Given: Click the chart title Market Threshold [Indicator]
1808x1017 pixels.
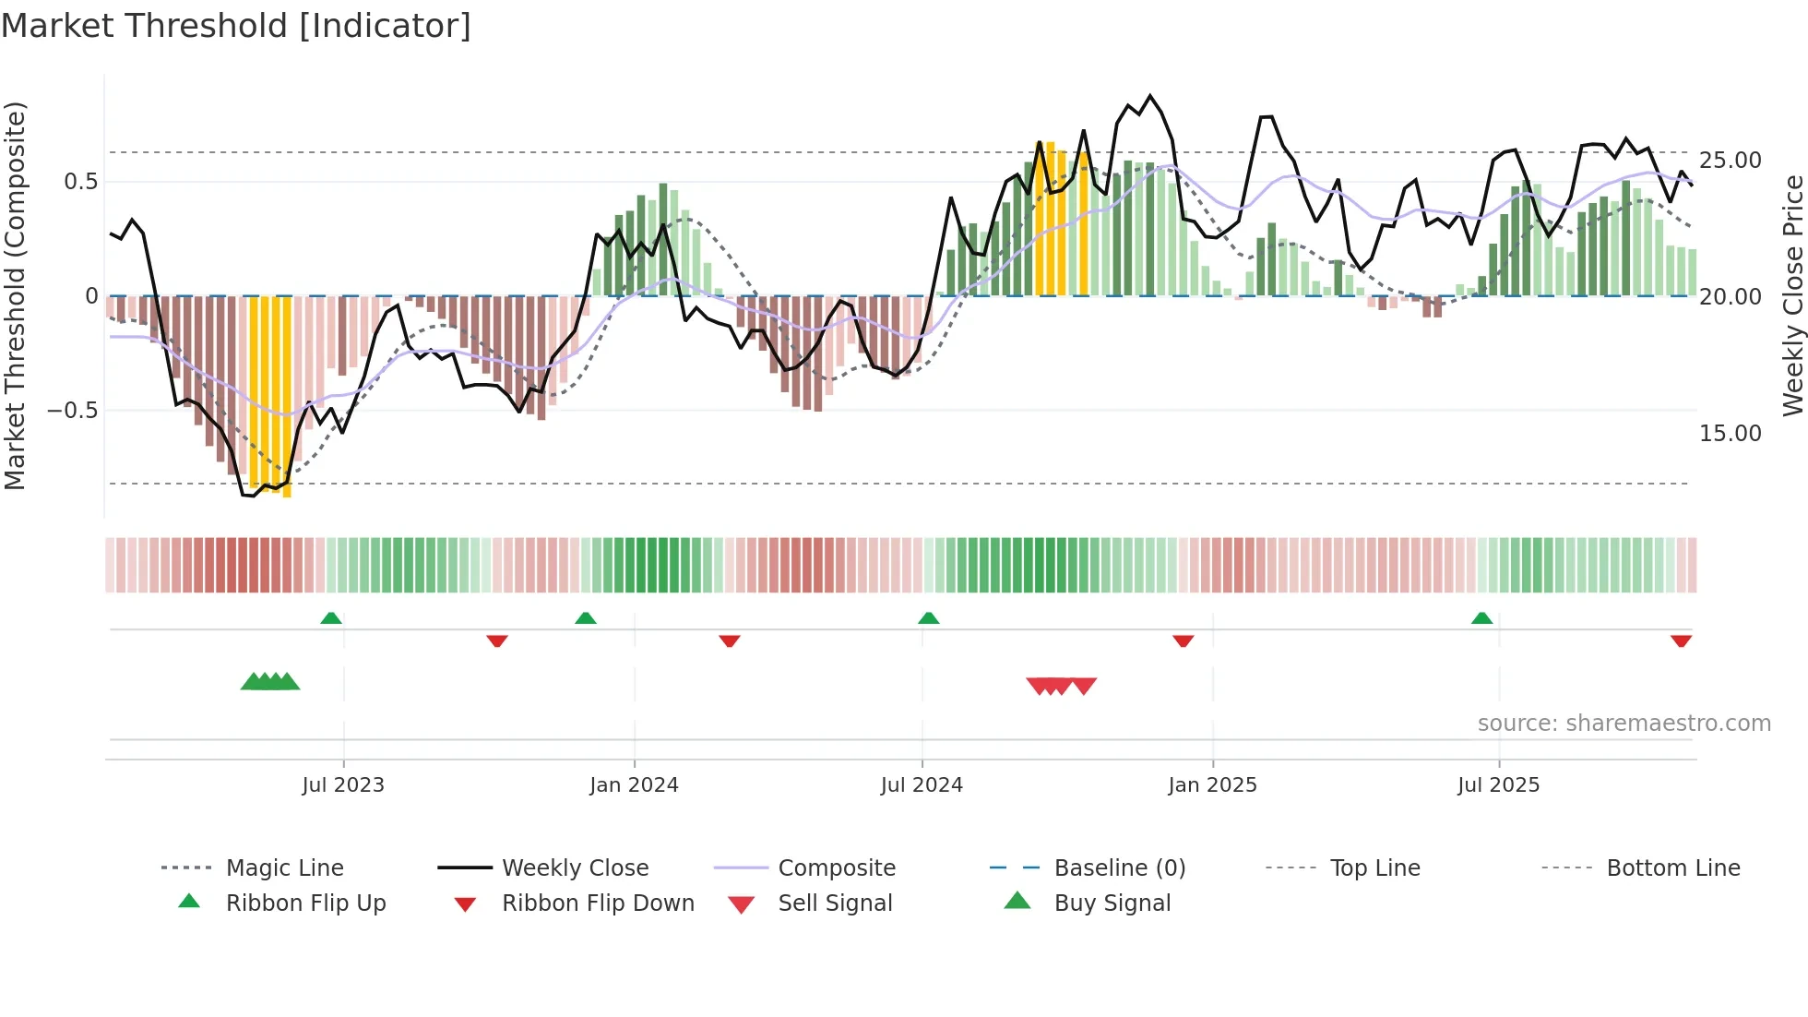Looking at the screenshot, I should [x=236, y=26].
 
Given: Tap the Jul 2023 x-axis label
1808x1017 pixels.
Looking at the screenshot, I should [x=342, y=785].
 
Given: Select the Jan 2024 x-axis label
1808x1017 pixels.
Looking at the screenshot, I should [x=634, y=785].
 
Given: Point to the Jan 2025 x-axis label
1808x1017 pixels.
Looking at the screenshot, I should [x=1212, y=785].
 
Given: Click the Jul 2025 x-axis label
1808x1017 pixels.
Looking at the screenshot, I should [x=1498, y=785].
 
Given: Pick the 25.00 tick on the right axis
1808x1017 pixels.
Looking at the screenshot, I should [x=1730, y=161].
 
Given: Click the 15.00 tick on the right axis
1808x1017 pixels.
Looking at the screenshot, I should [x=1730, y=434].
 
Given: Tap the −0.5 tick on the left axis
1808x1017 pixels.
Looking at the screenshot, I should [x=72, y=411].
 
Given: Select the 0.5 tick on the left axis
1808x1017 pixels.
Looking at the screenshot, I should [x=80, y=182].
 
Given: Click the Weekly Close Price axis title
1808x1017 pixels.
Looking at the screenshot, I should [x=1791, y=295].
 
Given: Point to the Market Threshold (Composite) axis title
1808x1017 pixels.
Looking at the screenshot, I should [x=15, y=295].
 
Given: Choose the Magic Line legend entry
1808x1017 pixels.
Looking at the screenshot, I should [x=284, y=868].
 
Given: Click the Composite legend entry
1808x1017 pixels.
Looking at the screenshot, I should [x=836, y=868].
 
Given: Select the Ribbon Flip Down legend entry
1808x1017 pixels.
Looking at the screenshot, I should [x=597, y=903].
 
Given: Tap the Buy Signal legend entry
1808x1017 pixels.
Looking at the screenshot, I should [x=1112, y=903].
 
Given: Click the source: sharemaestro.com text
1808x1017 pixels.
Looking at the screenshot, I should [x=1624, y=724].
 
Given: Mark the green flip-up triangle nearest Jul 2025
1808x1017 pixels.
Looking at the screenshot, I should [x=1481, y=618].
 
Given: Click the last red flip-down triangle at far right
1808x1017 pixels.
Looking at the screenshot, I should [x=1681, y=640].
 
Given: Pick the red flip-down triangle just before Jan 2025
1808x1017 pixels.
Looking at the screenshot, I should [x=1183, y=640].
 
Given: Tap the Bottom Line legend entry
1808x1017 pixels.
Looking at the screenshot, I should [x=1672, y=868].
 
